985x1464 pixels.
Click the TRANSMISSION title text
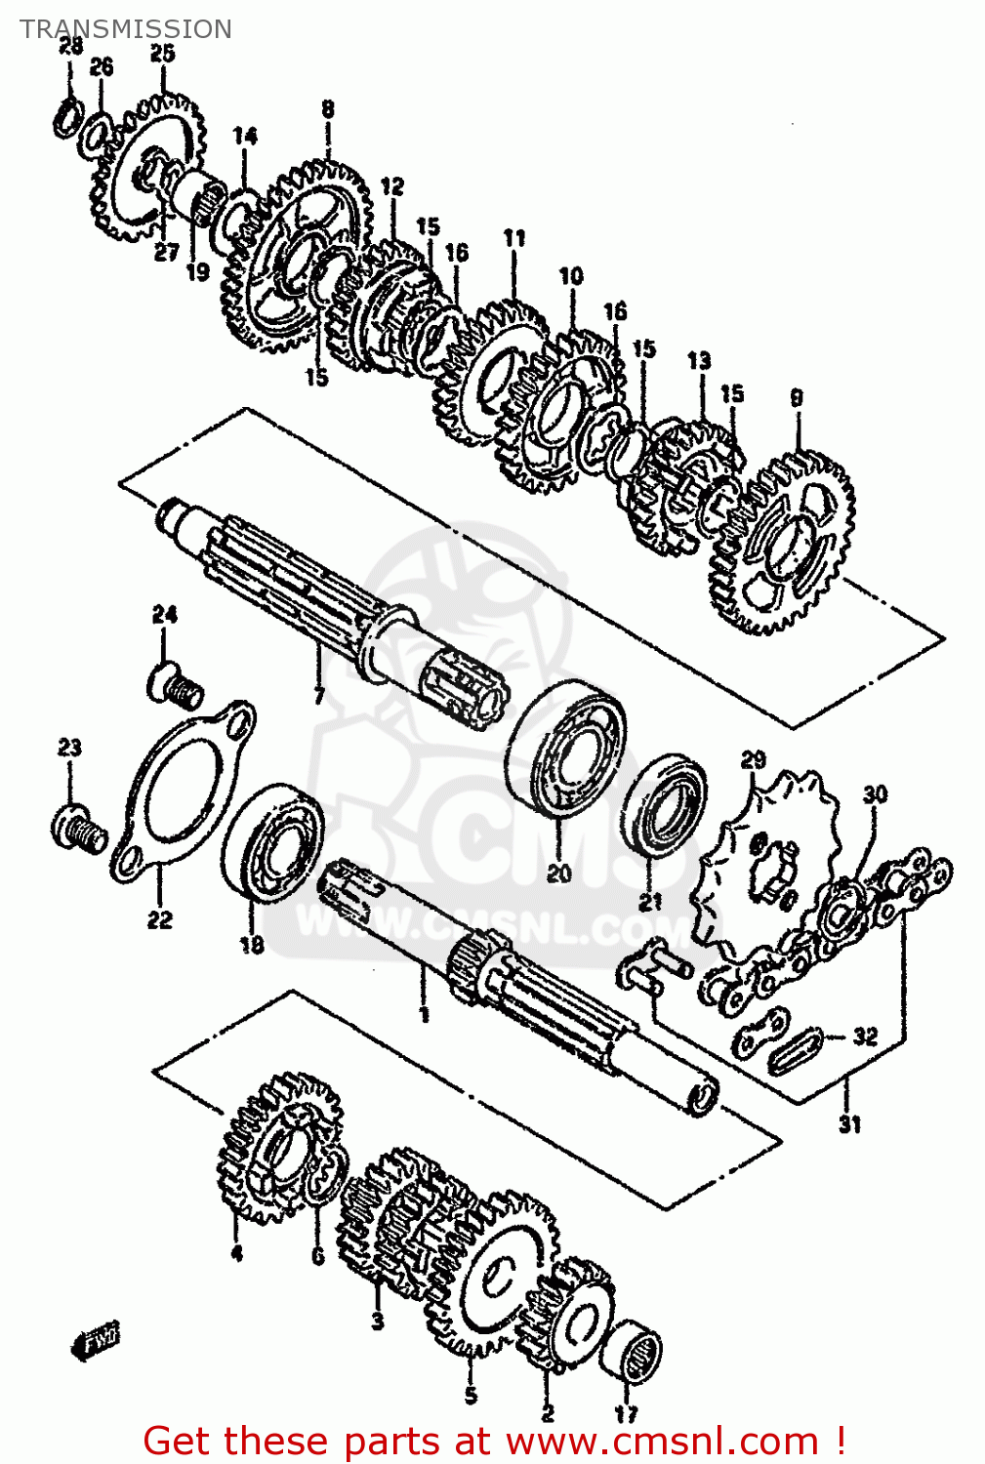(126, 29)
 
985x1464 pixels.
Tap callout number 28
(70, 46)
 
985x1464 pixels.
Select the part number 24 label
(164, 615)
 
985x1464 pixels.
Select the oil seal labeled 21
(666, 804)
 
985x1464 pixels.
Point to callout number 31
(850, 1124)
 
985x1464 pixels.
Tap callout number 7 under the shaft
(318, 696)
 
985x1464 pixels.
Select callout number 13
(699, 361)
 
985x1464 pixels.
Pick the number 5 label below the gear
(471, 1396)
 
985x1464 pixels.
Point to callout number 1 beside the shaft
(425, 1015)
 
